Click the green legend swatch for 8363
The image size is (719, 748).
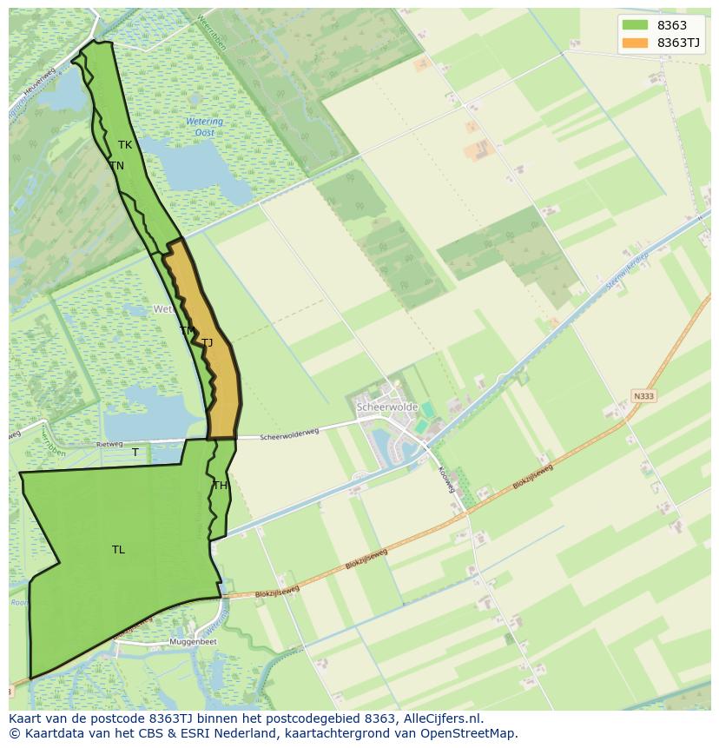click(x=636, y=25)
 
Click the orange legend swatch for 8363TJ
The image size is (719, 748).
click(x=636, y=43)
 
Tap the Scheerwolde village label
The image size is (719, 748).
click(x=387, y=407)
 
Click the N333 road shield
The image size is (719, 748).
click(x=643, y=396)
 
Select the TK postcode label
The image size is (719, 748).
click(x=125, y=145)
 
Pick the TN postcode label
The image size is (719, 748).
click(x=116, y=165)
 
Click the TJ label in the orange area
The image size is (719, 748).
click(x=207, y=343)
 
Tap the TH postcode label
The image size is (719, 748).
click(x=220, y=486)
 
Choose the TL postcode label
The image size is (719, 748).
click(x=118, y=549)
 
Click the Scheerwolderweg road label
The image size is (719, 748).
click(x=290, y=433)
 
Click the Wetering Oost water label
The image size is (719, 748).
click(x=204, y=127)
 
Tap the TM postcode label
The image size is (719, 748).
click(x=187, y=331)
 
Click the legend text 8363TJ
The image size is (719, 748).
click(x=679, y=43)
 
